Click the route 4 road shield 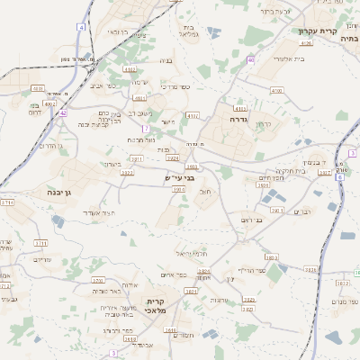81,29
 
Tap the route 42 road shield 63,113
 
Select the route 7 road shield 145,129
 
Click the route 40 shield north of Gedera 251,59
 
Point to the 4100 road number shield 276,91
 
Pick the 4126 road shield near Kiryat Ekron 306,42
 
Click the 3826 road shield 310,269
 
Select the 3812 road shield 343,283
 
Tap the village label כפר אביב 103,86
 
